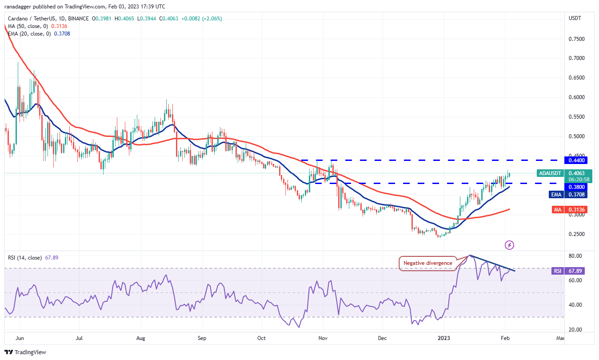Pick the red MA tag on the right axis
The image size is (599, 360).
point(545,209)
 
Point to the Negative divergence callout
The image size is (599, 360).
point(427,263)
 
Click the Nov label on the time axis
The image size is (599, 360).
point(323,338)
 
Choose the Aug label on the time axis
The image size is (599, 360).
point(140,338)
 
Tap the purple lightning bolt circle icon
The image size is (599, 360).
point(510,245)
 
